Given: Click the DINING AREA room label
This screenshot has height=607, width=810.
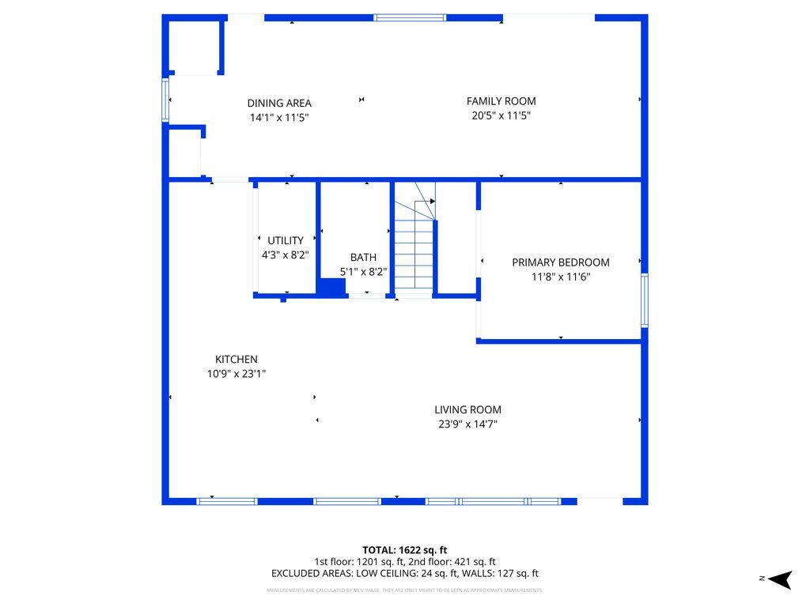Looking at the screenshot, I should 279,103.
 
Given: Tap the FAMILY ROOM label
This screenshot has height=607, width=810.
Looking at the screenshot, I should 501,101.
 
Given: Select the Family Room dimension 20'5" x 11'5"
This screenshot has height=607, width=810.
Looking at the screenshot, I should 501,115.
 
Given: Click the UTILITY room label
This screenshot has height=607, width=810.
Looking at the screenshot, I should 285,240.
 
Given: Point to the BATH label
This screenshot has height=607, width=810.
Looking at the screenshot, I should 363,257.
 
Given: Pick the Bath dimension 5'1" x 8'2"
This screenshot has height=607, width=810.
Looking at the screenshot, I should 363,271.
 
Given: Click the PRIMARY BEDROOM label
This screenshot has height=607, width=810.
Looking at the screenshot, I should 560,262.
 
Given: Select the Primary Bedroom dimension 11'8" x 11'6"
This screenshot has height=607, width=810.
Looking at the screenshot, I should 560,277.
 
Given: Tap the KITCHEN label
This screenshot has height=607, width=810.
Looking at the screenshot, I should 237,359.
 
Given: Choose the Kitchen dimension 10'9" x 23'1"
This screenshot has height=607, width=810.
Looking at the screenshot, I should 237,374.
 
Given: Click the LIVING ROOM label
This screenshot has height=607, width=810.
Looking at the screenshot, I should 467,409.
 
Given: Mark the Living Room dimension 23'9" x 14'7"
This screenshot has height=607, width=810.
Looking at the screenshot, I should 467,424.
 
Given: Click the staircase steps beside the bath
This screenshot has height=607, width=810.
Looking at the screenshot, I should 414,257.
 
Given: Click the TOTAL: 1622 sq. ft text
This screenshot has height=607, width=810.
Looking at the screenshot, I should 405,549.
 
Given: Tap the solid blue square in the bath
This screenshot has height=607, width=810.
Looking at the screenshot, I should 331,287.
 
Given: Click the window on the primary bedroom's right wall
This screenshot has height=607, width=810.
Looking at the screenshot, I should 644,300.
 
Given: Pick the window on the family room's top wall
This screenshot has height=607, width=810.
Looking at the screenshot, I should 410,17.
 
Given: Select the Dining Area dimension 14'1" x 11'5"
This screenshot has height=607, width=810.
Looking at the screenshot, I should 279,117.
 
